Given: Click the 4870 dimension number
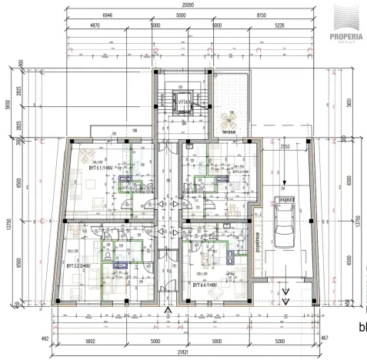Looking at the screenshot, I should point(96,25).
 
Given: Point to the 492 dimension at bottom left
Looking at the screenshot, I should point(45,337).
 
